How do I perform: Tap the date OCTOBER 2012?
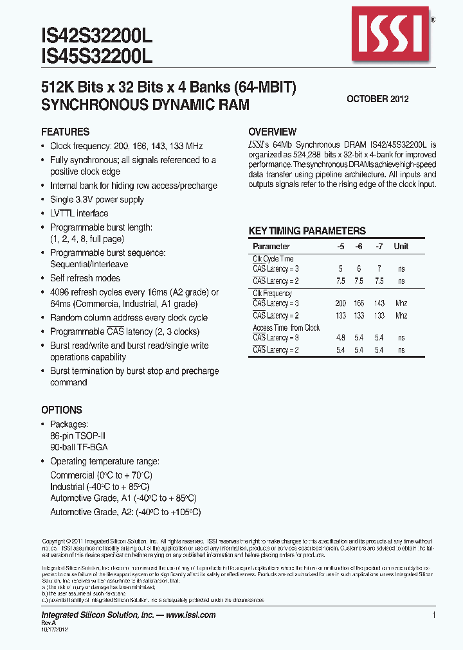[377, 99]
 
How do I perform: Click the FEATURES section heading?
[65, 132]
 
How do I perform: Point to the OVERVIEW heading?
[272, 132]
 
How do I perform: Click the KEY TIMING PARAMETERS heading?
[307, 231]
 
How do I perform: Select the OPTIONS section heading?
[62, 410]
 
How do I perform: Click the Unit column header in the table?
[401, 247]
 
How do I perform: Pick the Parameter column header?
[271, 247]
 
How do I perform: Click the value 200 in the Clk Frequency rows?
[340, 303]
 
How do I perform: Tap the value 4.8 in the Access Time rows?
[340, 338]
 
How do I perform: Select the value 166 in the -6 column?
[359, 303]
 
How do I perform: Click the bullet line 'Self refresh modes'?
[85, 278]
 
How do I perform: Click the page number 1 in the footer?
[434, 615]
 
